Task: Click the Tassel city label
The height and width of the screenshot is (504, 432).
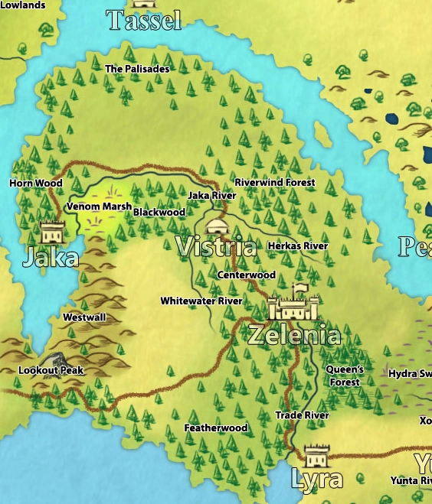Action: point(144,21)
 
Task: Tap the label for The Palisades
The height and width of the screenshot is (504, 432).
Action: point(137,69)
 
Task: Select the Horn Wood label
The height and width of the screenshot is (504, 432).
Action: point(36,184)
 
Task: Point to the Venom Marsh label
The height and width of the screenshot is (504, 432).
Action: point(99,206)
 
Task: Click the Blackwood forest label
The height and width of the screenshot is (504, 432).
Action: point(159,212)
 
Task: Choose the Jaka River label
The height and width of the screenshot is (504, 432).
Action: point(212,196)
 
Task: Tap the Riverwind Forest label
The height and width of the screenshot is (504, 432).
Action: point(275,183)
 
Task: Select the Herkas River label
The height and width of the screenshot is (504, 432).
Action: point(298,246)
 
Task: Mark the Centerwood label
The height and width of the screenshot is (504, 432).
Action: point(247,275)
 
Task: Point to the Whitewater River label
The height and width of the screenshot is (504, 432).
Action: point(201,301)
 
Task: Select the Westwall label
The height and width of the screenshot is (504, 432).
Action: point(84,317)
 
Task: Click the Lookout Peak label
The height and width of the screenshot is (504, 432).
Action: point(51,370)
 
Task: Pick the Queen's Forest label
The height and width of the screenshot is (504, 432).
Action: point(345,376)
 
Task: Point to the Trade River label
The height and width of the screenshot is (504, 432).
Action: point(302,415)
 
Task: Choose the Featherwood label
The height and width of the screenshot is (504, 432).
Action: point(216,428)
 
